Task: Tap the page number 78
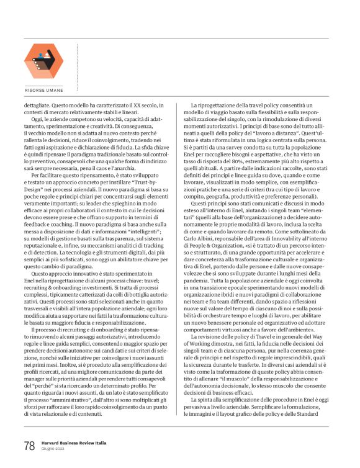point(29,444)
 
